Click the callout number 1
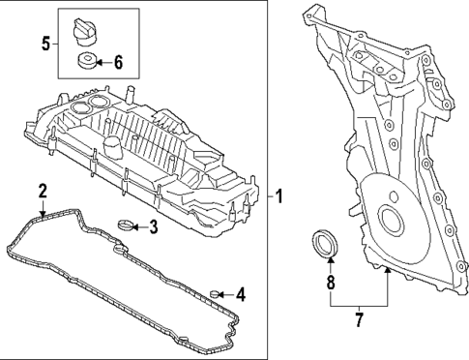(x=278, y=197)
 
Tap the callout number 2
(x=43, y=190)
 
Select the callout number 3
(x=153, y=227)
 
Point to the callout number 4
(x=241, y=293)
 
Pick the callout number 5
(x=45, y=43)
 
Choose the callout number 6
(x=119, y=63)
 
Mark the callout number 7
(x=358, y=316)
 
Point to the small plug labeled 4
(x=217, y=293)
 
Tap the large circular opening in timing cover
(x=392, y=221)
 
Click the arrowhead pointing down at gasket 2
(x=43, y=208)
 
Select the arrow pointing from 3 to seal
(x=139, y=227)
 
